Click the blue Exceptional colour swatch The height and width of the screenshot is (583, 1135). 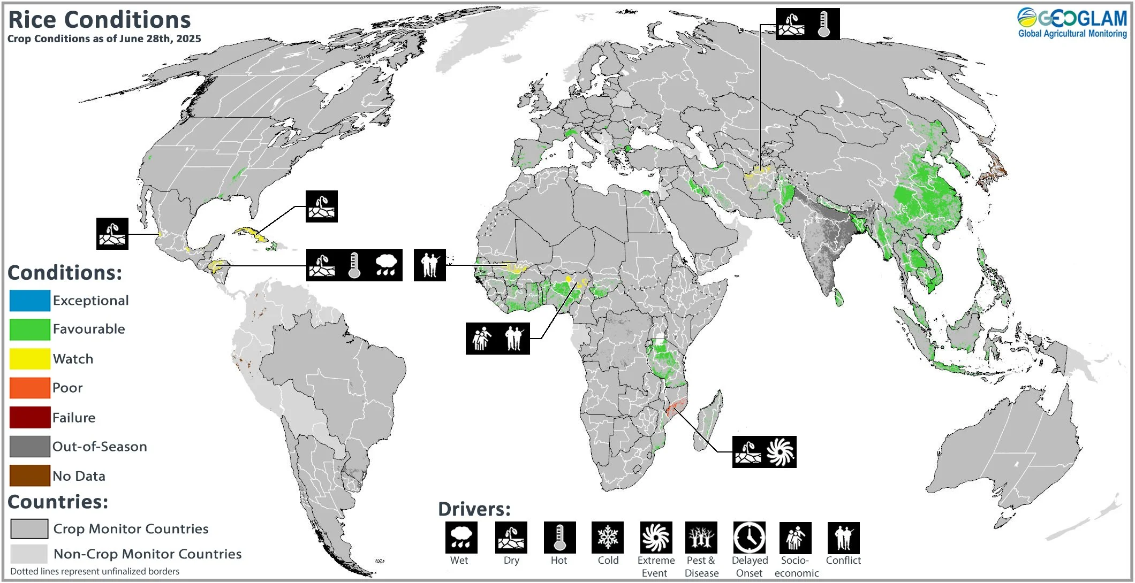tap(29, 301)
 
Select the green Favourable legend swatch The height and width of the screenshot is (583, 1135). tap(29, 329)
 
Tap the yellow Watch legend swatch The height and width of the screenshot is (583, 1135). tap(29, 359)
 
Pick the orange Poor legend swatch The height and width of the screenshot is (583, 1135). tap(29, 388)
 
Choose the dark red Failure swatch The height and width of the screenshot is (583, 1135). tap(29, 417)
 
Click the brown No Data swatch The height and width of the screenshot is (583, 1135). tap(29, 475)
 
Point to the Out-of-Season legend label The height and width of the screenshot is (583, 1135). tap(100, 447)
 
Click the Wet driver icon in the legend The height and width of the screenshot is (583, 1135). tap(461, 538)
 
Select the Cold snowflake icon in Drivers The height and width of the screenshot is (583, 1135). tap(607, 538)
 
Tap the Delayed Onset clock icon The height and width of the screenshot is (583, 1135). tap(749, 538)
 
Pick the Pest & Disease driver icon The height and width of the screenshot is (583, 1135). tap(701, 538)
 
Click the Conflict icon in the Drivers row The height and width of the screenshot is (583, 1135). tap(843, 538)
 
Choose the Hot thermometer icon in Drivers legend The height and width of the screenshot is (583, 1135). tap(559, 538)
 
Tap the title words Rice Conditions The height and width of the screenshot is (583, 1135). tap(100, 20)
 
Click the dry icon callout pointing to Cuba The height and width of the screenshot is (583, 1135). tap(321, 206)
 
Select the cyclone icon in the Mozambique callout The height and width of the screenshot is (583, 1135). tap(780, 452)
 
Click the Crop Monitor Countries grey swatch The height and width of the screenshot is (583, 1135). tap(29, 529)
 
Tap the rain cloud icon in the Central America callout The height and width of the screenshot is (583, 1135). tap(386, 265)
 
